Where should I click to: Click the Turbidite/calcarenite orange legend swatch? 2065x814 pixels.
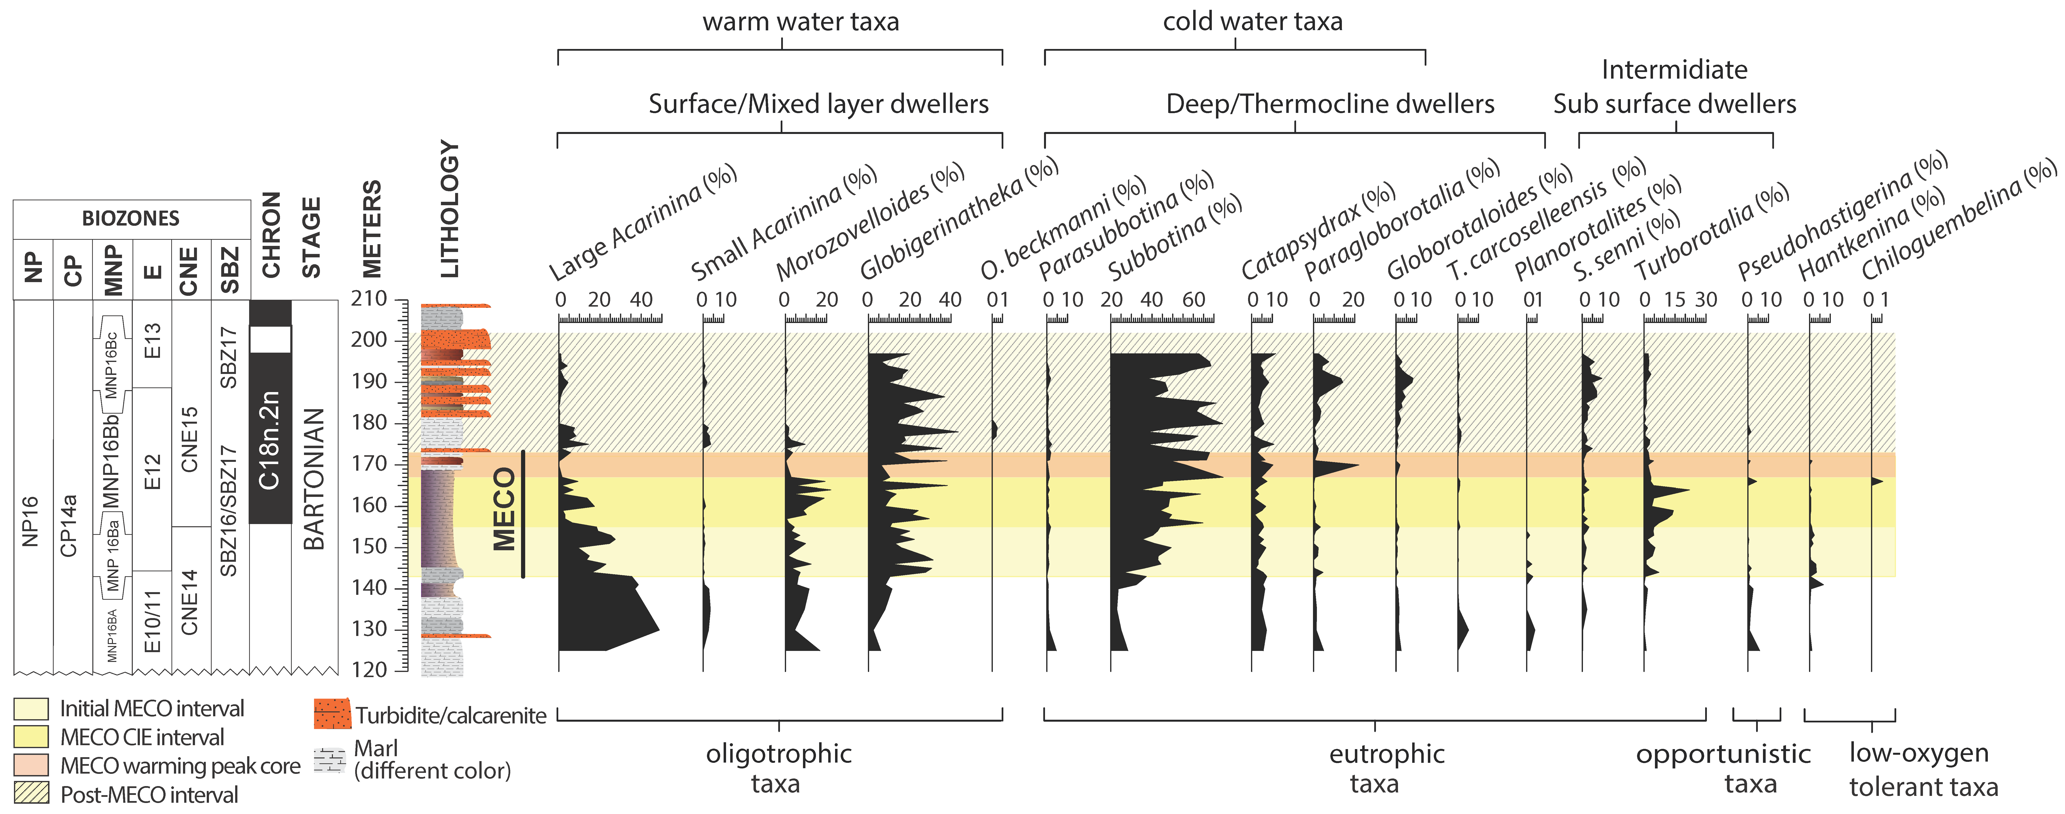pos(332,713)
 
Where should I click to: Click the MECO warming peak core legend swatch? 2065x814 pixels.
pos(31,765)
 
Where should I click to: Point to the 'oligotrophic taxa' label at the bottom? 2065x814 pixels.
pos(777,767)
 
